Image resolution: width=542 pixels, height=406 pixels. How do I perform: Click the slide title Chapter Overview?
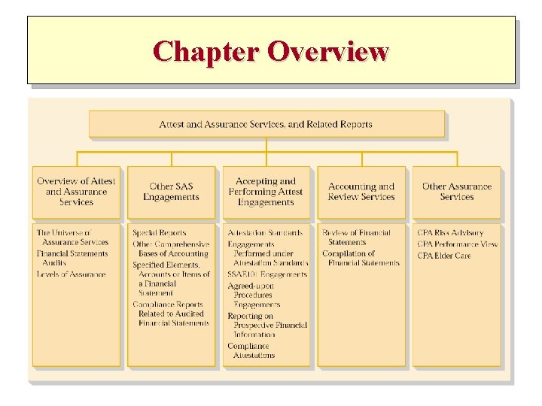click(x=270, y=51)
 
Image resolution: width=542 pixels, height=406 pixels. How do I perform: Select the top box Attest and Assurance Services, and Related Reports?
click(x=266, y=124)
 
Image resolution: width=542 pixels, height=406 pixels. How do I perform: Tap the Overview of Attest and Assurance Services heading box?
click(x=76, y=192)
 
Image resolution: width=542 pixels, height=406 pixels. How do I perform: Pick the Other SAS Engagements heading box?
click(x=171, y=192)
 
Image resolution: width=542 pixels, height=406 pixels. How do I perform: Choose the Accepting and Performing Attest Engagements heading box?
click(x=266, y=192)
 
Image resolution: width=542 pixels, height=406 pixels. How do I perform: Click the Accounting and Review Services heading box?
click(x=361, y=192)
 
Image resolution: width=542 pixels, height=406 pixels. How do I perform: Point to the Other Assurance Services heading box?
click(x=456, y=192)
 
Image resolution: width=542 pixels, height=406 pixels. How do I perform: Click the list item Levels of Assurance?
click(x=72, y=274)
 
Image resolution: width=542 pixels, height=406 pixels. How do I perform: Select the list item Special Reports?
click(x=160, y=233)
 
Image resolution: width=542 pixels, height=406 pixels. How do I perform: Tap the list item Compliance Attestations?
click(x=252, y=350)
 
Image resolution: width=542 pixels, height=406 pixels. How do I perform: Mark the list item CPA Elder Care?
click(x=444, y=256)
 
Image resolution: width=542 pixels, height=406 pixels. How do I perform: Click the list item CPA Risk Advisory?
click(x=450, y=233)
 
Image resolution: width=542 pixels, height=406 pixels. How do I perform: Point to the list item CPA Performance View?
click(x=458, y=244)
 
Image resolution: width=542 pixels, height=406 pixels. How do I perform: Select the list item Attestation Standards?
click(x=266, y=233)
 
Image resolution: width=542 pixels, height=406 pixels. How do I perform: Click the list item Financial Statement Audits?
click(x=72, y=258)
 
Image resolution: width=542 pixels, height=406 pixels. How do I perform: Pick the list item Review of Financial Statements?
click(x=357, y=238)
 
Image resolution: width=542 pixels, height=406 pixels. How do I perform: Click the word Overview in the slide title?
click(x=327, y=51)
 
